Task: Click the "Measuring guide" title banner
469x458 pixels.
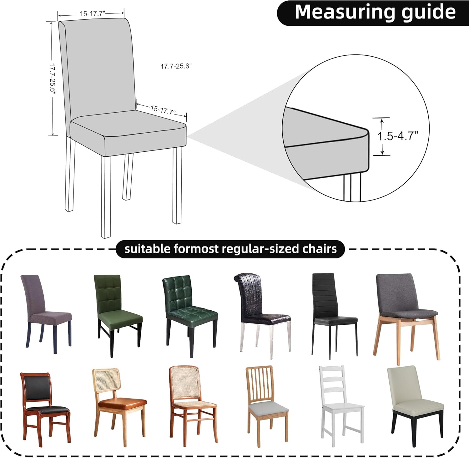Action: (373, 13)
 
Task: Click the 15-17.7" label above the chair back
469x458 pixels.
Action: (92, 13)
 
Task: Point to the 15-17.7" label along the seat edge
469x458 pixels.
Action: (163, 110)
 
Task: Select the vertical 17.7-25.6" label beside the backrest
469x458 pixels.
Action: (52, 79)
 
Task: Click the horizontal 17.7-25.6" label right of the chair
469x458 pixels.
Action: (176, 66)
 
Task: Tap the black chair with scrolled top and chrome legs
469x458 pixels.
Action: (262, 316)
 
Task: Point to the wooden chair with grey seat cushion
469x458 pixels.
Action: (267, 406)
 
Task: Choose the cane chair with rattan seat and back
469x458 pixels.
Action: (193, 406)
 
